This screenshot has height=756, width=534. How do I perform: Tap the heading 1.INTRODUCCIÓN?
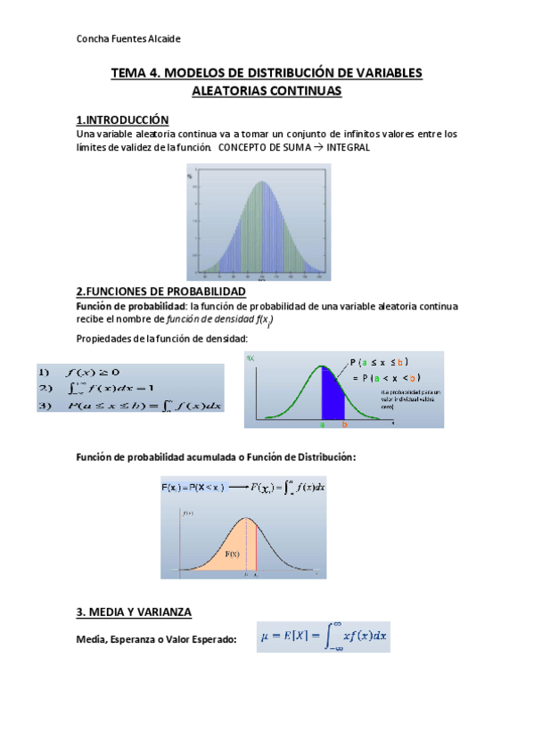tap(122, 119)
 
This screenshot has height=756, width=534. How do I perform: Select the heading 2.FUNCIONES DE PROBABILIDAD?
tap(160, 292)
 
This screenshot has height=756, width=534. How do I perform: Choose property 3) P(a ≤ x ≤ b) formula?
tap(129, 406)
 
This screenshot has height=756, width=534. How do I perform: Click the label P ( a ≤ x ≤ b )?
tap(379, 361)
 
